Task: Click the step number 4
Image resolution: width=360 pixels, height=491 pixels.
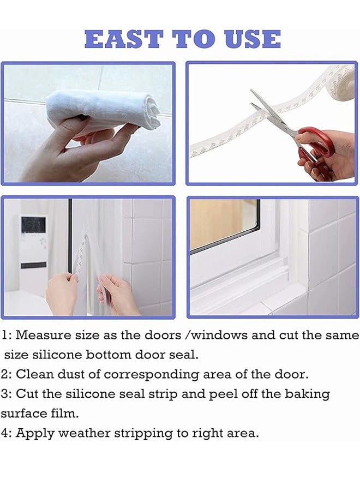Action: (5, 433)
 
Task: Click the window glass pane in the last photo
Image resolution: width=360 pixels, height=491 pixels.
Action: (224, 224)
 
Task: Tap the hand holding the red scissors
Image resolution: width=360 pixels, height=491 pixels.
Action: (327, 155)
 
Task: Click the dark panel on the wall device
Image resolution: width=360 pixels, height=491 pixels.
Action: (33, 225)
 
